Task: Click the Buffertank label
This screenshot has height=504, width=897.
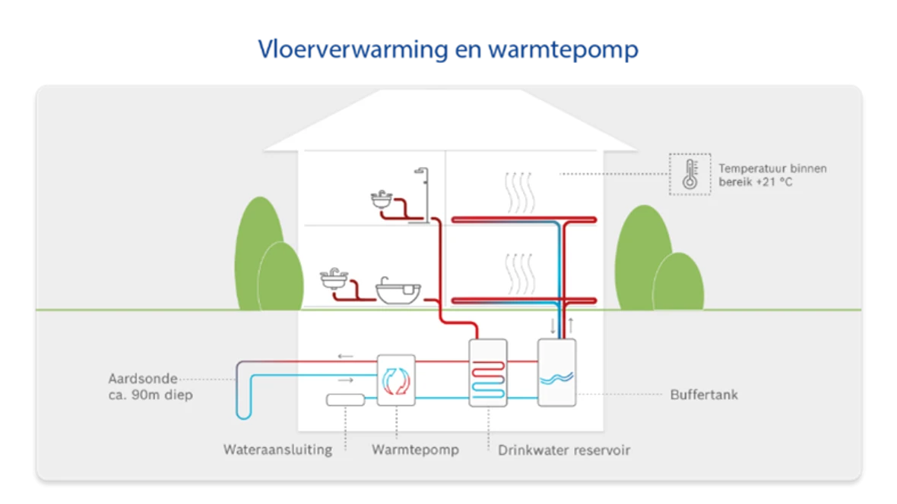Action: point(703,395)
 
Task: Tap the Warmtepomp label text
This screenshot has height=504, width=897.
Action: point(415,449)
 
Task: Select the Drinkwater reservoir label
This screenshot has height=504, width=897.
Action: point(564,449)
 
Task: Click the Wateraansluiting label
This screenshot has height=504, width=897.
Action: point(277,449)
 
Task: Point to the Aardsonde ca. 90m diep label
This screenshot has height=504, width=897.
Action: point(144,386)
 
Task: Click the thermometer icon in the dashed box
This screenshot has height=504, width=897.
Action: point(689,174)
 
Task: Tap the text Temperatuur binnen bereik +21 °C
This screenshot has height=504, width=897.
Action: point(772,175)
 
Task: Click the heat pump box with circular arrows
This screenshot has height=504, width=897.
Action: point(396,380)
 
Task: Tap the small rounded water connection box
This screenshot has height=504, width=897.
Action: point(345,400)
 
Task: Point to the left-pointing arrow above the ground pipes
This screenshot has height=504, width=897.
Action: point(345,355)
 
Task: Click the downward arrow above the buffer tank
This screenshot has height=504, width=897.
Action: point(552,326)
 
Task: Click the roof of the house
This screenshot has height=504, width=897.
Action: point(448,121)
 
